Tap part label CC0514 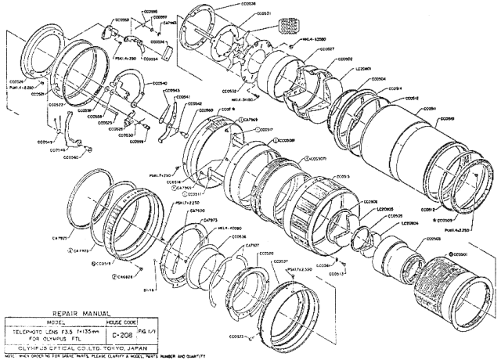[393, 88]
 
